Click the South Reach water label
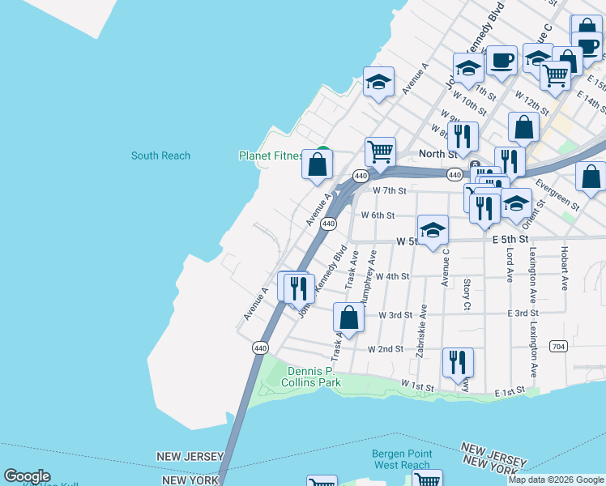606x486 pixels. pos(160,156)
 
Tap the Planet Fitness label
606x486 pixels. pos(271,156)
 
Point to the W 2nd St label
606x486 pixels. pos(385,349)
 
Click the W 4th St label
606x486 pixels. pos(392,276)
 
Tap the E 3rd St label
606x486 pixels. pos(523,313)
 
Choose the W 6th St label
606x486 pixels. pos(377,215)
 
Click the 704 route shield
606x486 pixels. pos(559,346)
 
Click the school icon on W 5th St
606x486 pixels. pos(433,230)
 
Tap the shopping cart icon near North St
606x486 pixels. pos(380,151)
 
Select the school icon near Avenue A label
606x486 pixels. pos(378,82)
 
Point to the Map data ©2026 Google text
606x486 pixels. pos(556,480)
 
